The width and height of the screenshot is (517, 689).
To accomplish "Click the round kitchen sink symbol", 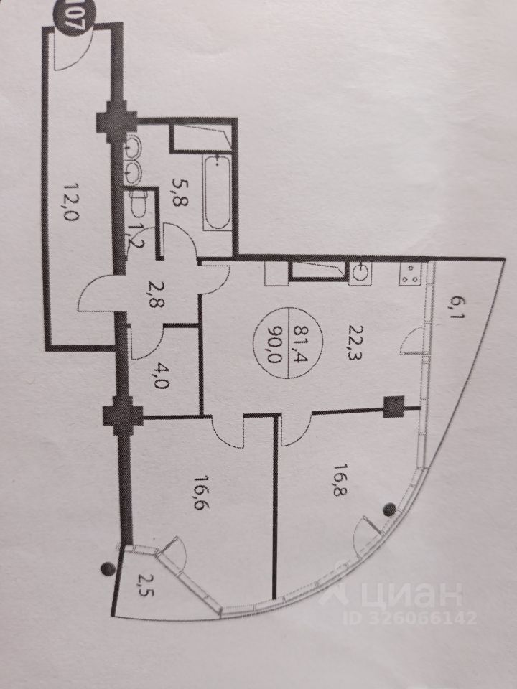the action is coord(359,273).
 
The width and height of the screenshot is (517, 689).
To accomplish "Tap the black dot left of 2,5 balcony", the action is coord(108,568).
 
